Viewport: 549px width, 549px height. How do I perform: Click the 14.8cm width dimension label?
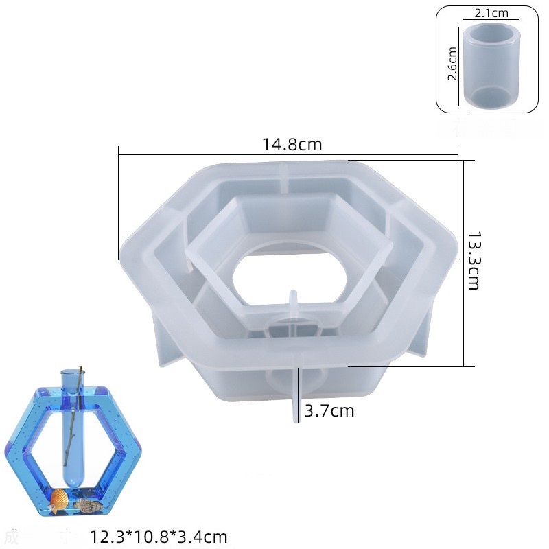(292, 145)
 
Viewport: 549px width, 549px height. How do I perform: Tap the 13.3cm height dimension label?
(473, 260)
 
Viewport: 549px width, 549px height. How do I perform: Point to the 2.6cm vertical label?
(452, 64)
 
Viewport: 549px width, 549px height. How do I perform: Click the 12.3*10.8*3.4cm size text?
(159, 537)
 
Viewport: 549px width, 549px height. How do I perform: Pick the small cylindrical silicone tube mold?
(490, 65)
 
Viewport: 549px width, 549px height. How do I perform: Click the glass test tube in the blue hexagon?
(71, 425)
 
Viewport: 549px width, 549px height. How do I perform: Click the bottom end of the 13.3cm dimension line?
(465, 366)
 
